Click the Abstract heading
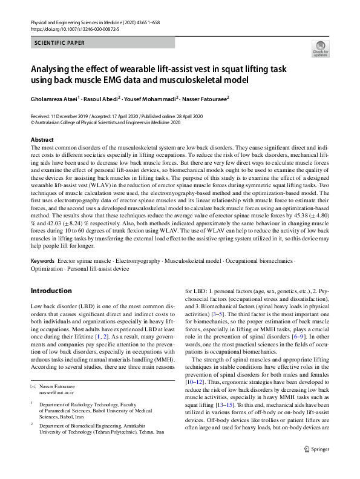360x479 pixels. (x=42, y=140)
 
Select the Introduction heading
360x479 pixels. (x=51, y=291)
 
